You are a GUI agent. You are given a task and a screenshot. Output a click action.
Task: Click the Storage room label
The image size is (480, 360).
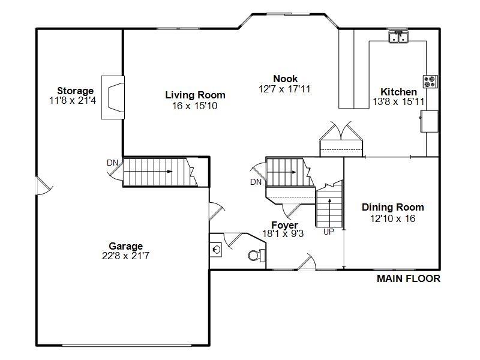tap(76, 91)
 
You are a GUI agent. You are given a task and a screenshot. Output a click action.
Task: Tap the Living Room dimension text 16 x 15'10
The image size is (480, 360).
tap(195, 106)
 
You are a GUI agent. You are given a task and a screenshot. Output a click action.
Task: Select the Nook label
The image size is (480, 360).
tap(285, 79)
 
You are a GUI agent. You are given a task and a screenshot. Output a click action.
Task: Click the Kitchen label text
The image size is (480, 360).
tap(399, 92)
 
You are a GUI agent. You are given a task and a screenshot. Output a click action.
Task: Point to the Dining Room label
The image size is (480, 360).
tap(392, 208)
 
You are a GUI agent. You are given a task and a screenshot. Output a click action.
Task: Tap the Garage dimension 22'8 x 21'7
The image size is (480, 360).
tap(126, 256)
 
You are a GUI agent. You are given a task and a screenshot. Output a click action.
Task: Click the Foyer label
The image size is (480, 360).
tap(284, 226)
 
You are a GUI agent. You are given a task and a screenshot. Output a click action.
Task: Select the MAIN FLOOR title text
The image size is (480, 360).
tap(408, 278)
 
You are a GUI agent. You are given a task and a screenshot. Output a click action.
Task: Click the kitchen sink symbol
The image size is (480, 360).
tap(398, 37)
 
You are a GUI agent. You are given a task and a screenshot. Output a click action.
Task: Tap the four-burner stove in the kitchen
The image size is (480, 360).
tap(430, 81)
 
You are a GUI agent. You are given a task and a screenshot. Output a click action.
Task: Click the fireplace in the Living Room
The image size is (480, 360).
tap(112, 97)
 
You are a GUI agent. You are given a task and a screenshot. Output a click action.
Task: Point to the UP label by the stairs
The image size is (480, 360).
tap(328, 232)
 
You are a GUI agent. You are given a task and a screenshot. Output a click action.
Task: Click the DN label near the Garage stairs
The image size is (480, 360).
tap(112, 163)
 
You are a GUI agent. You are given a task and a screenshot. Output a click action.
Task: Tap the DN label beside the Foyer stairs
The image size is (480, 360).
tap(256, 182)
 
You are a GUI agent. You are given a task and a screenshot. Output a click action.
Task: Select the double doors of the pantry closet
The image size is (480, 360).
tap(341, 132)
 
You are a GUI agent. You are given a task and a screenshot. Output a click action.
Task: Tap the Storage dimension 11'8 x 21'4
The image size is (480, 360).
tap(73, 101)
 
